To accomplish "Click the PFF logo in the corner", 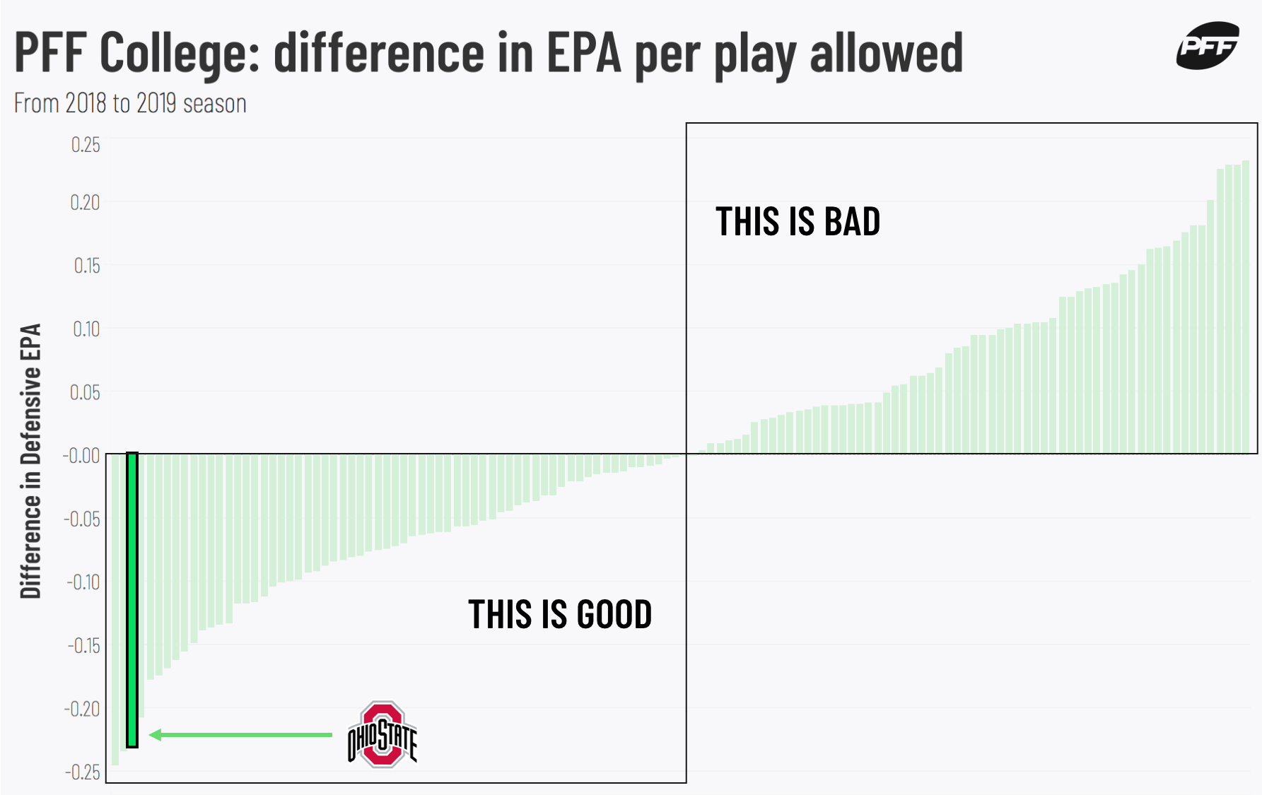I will point(1208,46).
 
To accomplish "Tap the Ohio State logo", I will point(382,735).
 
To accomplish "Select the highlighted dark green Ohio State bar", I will point(132,600).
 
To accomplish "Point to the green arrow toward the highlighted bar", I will point(241,735).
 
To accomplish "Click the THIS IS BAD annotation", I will point(797,222).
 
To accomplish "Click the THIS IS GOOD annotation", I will point(560,614).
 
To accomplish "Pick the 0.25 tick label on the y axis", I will point(86,145).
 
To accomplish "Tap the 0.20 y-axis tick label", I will point(85,203).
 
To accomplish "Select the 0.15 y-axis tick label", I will point(86,266).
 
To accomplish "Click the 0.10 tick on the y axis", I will point(86,329).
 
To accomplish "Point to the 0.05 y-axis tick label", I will point(85,392).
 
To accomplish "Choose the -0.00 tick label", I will point(81,456).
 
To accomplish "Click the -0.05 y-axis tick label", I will point(82,519).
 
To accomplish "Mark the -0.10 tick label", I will point(83,582).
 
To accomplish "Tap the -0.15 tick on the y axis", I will point(83,646).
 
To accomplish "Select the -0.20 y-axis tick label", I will point(82,709).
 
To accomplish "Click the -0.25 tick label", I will point(83,772).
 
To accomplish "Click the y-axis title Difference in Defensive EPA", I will point(30,461).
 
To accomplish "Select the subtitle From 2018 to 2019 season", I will point(130,103).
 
